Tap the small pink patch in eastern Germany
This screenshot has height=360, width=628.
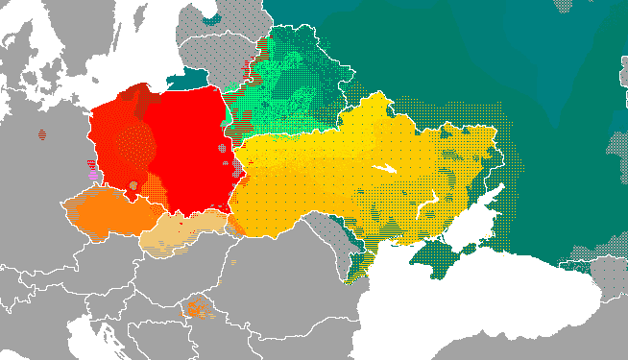coord(92,174)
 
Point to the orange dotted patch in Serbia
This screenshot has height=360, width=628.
coord(198,308)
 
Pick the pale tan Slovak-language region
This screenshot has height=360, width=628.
coord(182,235)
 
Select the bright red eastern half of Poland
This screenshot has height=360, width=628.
coord(192,144)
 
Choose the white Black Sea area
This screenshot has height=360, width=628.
coord(461,307)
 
